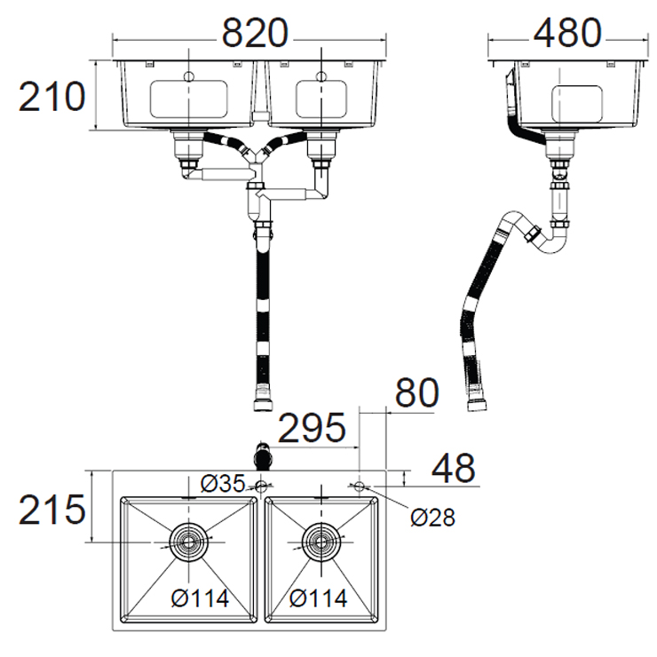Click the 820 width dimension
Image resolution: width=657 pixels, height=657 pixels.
255,33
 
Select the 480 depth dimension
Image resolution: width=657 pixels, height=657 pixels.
567,33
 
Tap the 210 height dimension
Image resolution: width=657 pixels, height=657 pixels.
52,97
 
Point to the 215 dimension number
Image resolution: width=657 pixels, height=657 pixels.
52,510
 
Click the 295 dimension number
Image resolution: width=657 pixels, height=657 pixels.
312,428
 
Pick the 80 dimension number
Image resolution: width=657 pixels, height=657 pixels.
416,392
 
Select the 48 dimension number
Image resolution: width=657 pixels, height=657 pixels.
454,468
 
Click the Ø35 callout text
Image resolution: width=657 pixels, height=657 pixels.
223,484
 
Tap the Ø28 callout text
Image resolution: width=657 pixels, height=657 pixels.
432,518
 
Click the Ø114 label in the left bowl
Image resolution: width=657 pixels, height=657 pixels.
201,598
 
